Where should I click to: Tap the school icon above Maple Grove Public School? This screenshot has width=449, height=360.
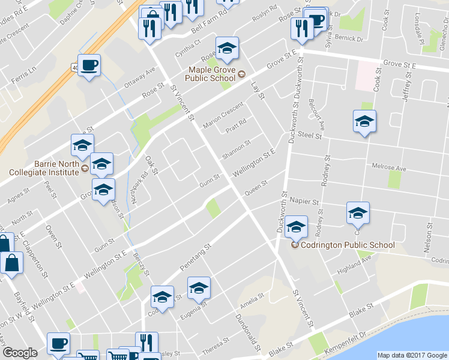click(x=227, y=50)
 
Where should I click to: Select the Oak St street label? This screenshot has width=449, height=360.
click(x=151, y=166)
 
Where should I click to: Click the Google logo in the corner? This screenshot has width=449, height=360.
click(x=20, y=353)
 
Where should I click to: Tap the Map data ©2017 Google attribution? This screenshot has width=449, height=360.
click(x=412, y=355)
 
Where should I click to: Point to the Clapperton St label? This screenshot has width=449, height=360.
click(x=35, y=259)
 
